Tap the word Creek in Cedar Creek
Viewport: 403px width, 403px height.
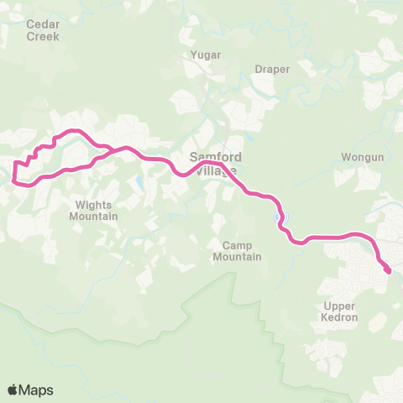[x=43, y=37]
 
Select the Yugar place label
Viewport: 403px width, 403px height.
[x=206, y=55]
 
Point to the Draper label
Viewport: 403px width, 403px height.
[x=273, y=69]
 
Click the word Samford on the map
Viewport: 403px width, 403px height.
[x=216, y=157]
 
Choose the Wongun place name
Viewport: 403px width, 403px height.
[x=362, y=158]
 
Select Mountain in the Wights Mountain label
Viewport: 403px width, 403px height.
[x=95, y=216]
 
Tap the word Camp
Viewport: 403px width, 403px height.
[x=237, y=245]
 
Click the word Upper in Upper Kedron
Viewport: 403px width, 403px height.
[x=340, y=306]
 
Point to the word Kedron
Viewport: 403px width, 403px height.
[x=340, y=318]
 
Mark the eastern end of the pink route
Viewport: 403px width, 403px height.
[x=389, y=270]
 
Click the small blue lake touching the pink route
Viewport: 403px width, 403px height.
[x=278, y=218]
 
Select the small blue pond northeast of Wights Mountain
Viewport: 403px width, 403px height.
[x=138, y=181]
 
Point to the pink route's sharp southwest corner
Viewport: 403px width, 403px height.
[x=14, y=178]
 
